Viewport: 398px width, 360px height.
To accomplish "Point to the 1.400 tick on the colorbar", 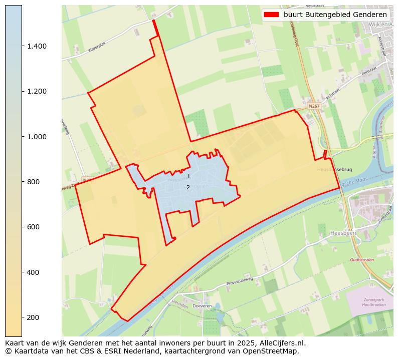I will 22,46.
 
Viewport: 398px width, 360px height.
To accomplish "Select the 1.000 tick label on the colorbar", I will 37,137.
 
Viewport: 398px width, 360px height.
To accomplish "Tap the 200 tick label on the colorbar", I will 33,317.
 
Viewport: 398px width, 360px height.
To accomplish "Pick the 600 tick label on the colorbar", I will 33,227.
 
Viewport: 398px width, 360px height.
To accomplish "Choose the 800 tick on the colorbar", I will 22,182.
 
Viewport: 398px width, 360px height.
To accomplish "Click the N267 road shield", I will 314,106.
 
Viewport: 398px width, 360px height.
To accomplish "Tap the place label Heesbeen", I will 342,233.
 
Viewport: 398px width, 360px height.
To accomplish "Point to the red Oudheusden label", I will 362,260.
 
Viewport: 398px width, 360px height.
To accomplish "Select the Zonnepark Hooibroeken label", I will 373,303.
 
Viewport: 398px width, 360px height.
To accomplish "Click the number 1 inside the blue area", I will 188,176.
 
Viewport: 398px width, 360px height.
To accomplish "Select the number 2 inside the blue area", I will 188,187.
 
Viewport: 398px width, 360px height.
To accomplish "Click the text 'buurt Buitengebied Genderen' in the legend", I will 335,15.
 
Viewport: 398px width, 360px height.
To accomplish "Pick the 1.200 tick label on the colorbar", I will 37,92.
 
